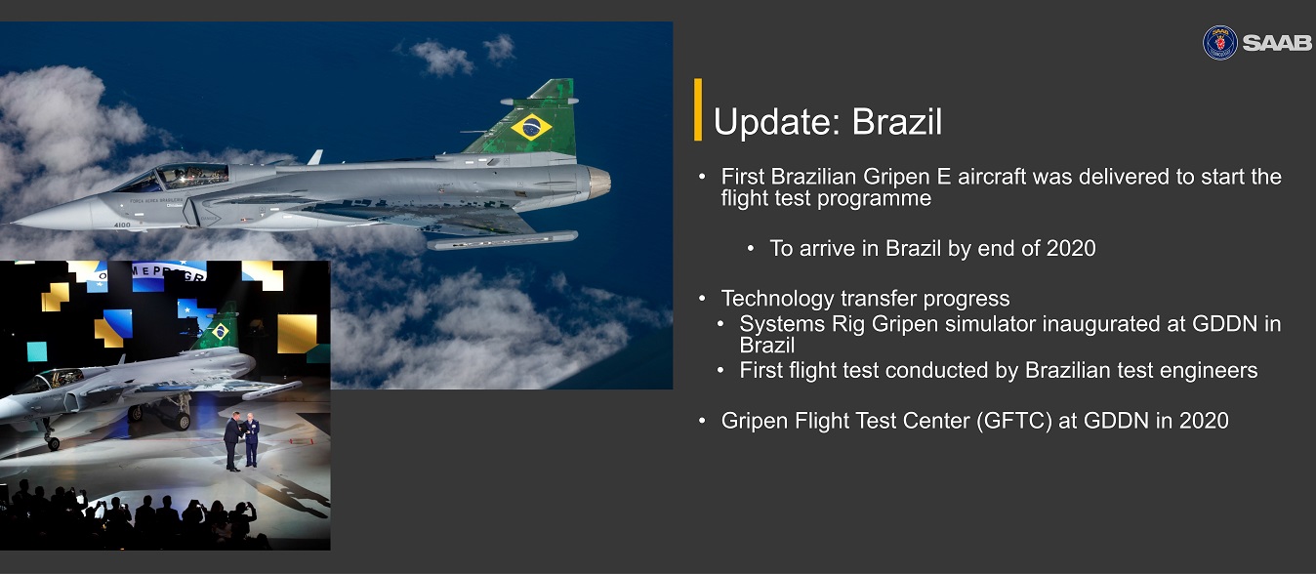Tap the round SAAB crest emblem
click(1220, 43)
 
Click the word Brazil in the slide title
click(896, 122)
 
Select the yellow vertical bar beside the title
click(698, 109)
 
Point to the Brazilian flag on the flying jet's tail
click(531, 127)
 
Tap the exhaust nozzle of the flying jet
click(598, 183)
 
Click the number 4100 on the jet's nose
click(122, 225)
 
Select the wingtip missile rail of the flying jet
click(503, 240)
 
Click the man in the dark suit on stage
click(233, 441)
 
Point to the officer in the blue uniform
click(252, 440)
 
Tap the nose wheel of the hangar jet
click(53, 443)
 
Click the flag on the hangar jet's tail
click(221, 331)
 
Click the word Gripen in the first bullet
click(908, 177)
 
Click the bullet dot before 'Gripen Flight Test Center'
click(702, 421)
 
